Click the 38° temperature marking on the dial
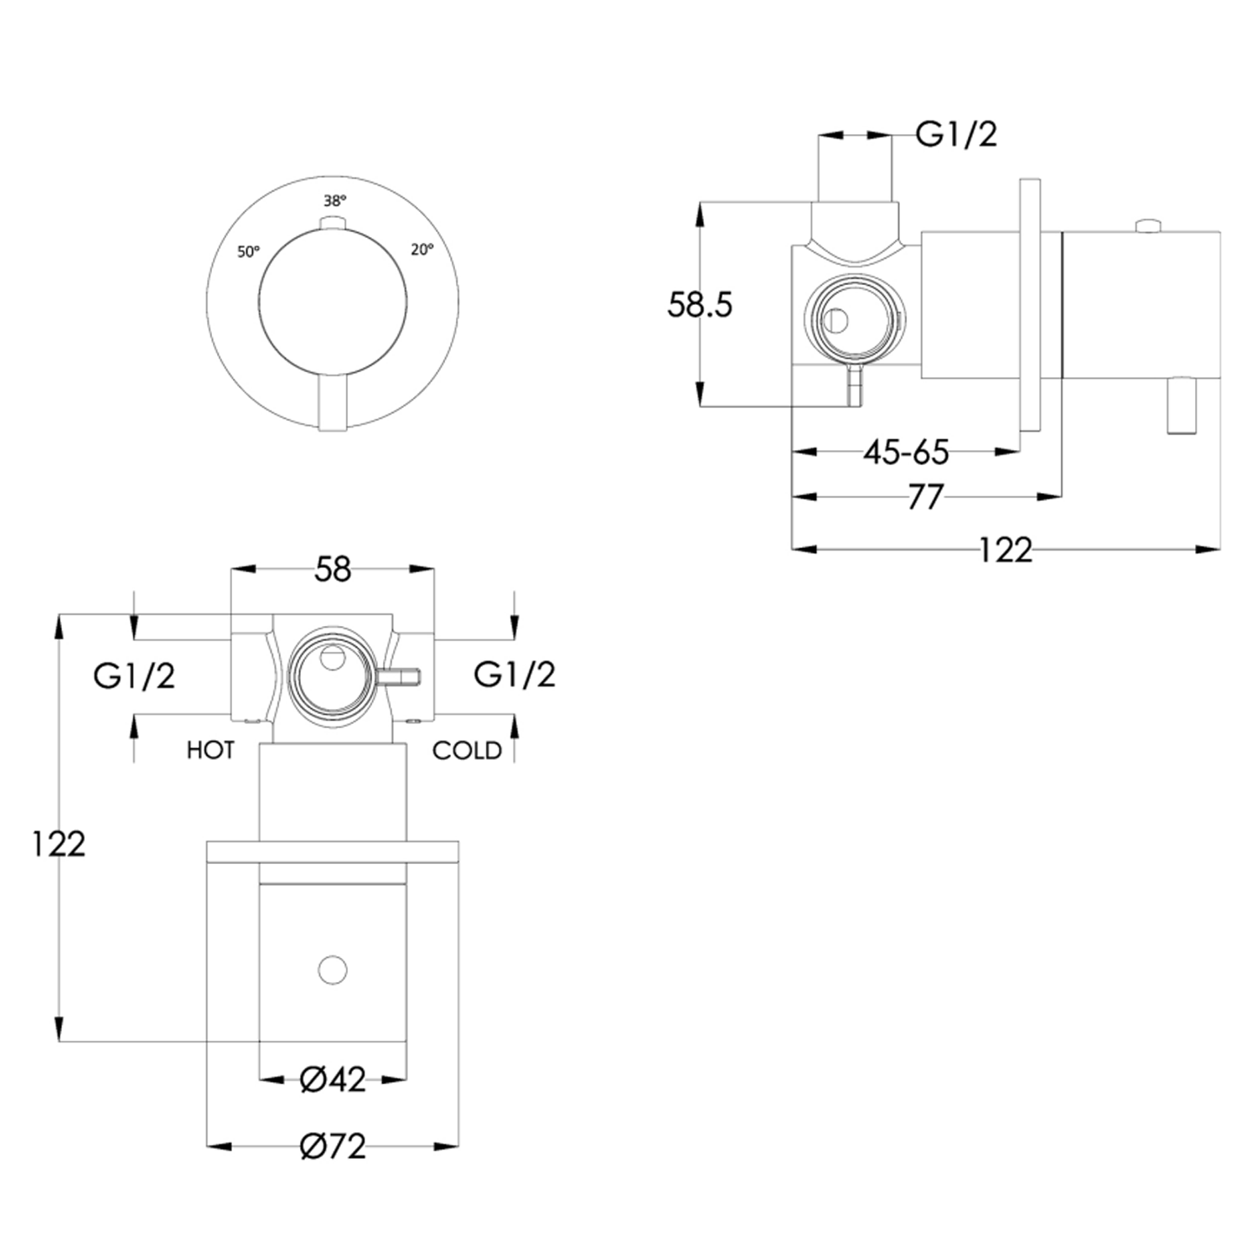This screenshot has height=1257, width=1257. coord(334,201)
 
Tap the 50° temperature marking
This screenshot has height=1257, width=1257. coord(249,251)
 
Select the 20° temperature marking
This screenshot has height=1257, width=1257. coord(422,250)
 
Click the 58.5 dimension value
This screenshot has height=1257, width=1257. coord(699,305)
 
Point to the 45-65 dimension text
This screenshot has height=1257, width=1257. coord(906,453)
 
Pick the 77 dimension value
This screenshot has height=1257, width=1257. coord(925,498)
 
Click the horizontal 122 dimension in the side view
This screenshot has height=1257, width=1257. coord(1006,551)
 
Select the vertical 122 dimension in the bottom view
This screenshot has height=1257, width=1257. coord(59,844)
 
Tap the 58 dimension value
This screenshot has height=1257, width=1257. coord(333,570)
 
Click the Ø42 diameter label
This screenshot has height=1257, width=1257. coord(333,1080)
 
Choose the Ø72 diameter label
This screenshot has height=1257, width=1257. coord(333,1146)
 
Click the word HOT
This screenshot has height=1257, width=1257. coord(210,750)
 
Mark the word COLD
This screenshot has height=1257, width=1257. coord(467,751)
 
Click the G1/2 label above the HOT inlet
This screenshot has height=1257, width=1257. coord(134,675)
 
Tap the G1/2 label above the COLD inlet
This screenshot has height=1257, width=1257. coord(514,675)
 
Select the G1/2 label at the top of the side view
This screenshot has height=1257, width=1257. coord(956,134)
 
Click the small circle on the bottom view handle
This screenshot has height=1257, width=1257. coord(333,970)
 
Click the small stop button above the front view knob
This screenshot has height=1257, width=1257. coord(333,222)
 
